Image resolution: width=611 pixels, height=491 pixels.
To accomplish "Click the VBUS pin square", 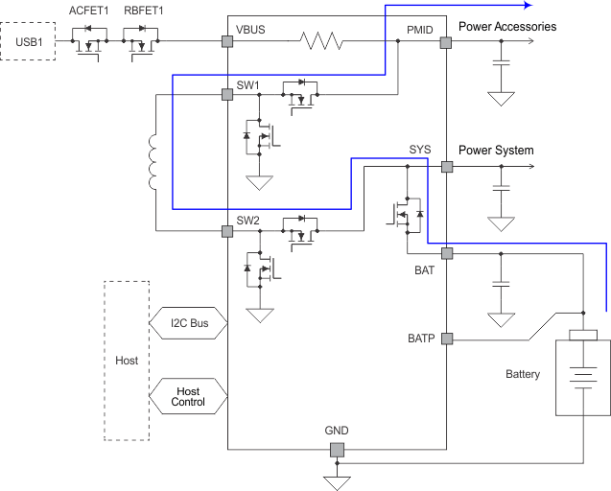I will click(x=227, y=42).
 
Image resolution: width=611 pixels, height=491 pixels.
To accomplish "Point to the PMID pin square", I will click(x=446, y=42).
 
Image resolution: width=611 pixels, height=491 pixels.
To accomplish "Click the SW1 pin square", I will click(x=227, y=96).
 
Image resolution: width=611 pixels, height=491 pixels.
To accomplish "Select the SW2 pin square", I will click(x=227, y=231).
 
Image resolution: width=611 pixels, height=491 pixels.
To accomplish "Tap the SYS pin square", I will click(x=446, y=166).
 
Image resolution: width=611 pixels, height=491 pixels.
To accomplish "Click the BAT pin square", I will click(x=446, y=253).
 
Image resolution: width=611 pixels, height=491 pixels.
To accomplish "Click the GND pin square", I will click(x=336, y=450).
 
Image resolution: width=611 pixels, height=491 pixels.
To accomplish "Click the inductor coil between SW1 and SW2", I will click(x=154, y=163).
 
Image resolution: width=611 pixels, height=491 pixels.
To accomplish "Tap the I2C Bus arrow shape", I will click(x=188, y=323).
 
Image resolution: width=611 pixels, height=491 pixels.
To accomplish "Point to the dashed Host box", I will click(x=126, y=361).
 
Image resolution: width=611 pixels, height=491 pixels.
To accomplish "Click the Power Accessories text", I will click(x=506, y=27).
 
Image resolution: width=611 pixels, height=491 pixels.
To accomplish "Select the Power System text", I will click(x=496, y=151).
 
